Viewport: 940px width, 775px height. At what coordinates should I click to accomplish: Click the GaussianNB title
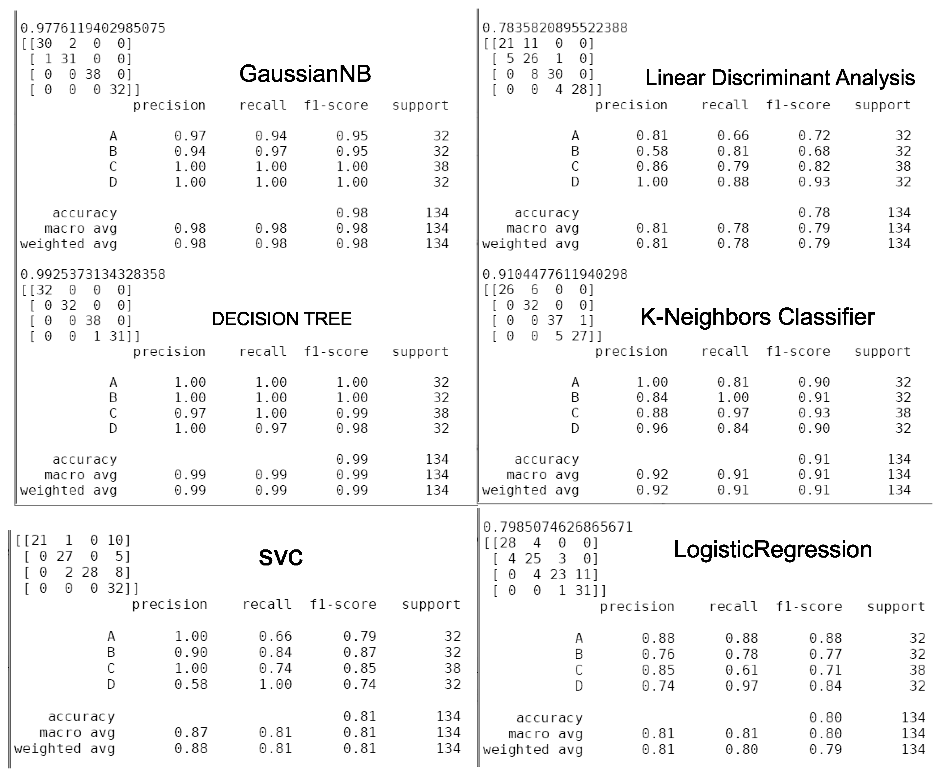(305, 74)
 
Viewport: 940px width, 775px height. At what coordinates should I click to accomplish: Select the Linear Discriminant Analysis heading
(780, 78)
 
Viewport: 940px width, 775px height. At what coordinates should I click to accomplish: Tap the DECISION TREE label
(281, 319)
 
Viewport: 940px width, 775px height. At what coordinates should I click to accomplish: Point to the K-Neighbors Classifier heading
(757, 317)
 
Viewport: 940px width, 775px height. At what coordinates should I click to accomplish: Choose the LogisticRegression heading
(772, 549)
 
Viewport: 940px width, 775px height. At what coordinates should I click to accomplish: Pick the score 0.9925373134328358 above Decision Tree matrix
(93, 275)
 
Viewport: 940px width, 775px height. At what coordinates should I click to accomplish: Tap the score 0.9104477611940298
(555, 275)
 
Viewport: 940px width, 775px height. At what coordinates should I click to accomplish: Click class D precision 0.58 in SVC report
(191, 684)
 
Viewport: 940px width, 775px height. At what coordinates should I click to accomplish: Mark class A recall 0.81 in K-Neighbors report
(733, 382)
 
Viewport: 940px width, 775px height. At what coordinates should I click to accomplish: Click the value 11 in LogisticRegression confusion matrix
(586, 575)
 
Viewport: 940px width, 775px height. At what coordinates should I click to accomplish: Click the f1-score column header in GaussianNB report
(336, 105)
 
